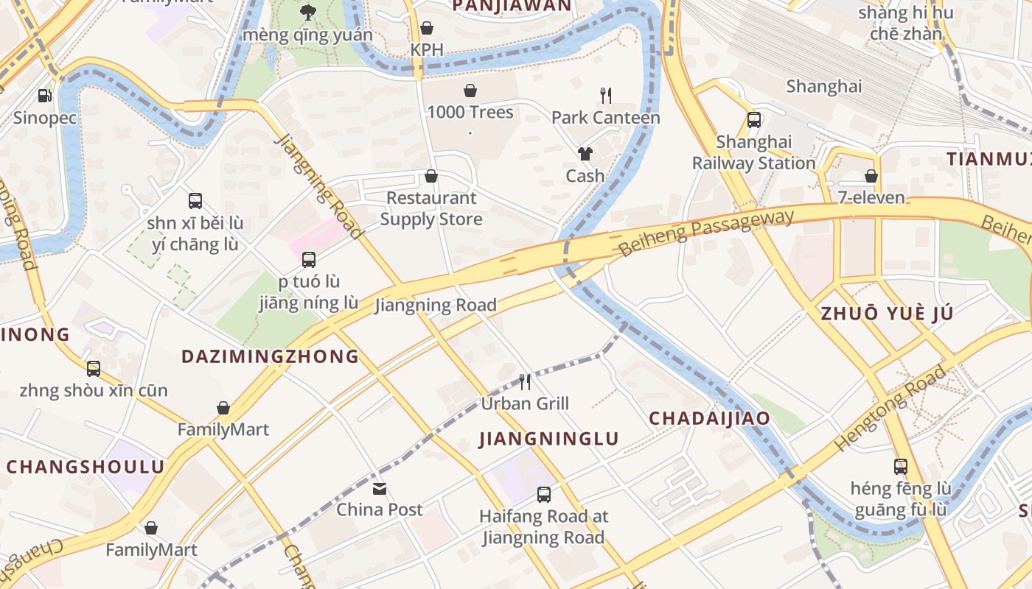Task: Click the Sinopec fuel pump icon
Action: (44, 95)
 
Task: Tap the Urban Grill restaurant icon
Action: (525, 381)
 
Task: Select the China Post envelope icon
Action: (380, 488)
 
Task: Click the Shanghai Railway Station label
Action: (753, 152)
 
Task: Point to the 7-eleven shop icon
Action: (871, 176)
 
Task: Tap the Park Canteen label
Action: (605, 118)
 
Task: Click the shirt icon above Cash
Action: (585, 153)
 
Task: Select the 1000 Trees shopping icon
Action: (470, 91)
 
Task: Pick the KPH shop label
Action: (427, 49)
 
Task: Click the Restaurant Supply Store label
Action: (431, 208)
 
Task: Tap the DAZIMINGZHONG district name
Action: (270, 356)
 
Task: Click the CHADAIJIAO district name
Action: (709, 419)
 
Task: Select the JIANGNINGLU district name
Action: (549, 440)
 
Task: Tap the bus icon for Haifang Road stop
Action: (544, 495)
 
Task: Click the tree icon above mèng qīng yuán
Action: (307, 12)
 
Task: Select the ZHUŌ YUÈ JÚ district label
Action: (888, 314)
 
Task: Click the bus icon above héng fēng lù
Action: (901, 466)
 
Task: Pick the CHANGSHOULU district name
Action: (86, 467)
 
